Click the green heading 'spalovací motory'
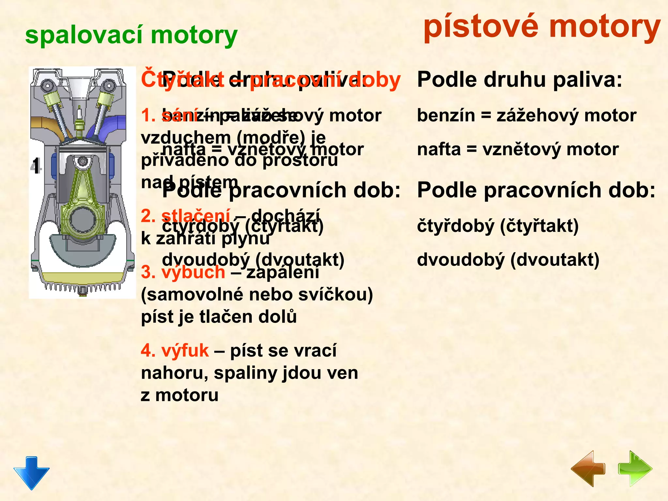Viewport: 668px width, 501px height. pos(131,35)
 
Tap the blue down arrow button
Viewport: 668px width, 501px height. pos(32,472)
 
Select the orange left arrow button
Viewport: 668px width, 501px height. pos(588,469)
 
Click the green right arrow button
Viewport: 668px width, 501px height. pos(635,469)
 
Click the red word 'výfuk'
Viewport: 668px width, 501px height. pos(185,351)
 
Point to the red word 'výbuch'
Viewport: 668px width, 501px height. pos(193,272)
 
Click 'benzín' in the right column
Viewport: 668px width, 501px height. pos(446,115)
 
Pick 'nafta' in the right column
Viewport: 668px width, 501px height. pos(439,150)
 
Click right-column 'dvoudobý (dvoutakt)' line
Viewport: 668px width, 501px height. pos(508,260)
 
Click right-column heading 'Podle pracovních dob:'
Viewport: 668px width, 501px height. pos(536,190)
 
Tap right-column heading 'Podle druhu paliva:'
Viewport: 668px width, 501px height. pos(520,80)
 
